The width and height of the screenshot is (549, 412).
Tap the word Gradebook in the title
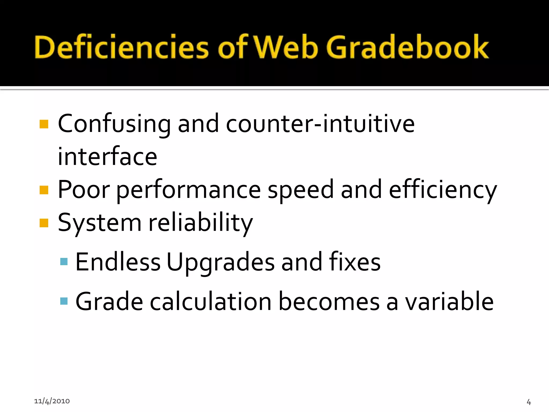(407, 47)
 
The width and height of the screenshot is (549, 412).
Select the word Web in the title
(286, 47)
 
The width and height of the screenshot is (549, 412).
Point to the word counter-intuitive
(320, 124)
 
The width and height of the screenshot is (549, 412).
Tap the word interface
(107, 157)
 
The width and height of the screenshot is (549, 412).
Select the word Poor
(84, 190)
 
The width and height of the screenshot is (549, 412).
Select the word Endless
(118, 262)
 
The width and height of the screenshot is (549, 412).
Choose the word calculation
(211, 302)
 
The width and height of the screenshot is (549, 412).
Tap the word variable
(449, 302)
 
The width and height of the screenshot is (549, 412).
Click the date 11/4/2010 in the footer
(52, 401)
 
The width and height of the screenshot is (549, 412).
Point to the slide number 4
(529, 402)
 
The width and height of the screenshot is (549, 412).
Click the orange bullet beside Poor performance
(44, 190)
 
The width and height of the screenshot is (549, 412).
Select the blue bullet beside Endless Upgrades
(64, 262)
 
